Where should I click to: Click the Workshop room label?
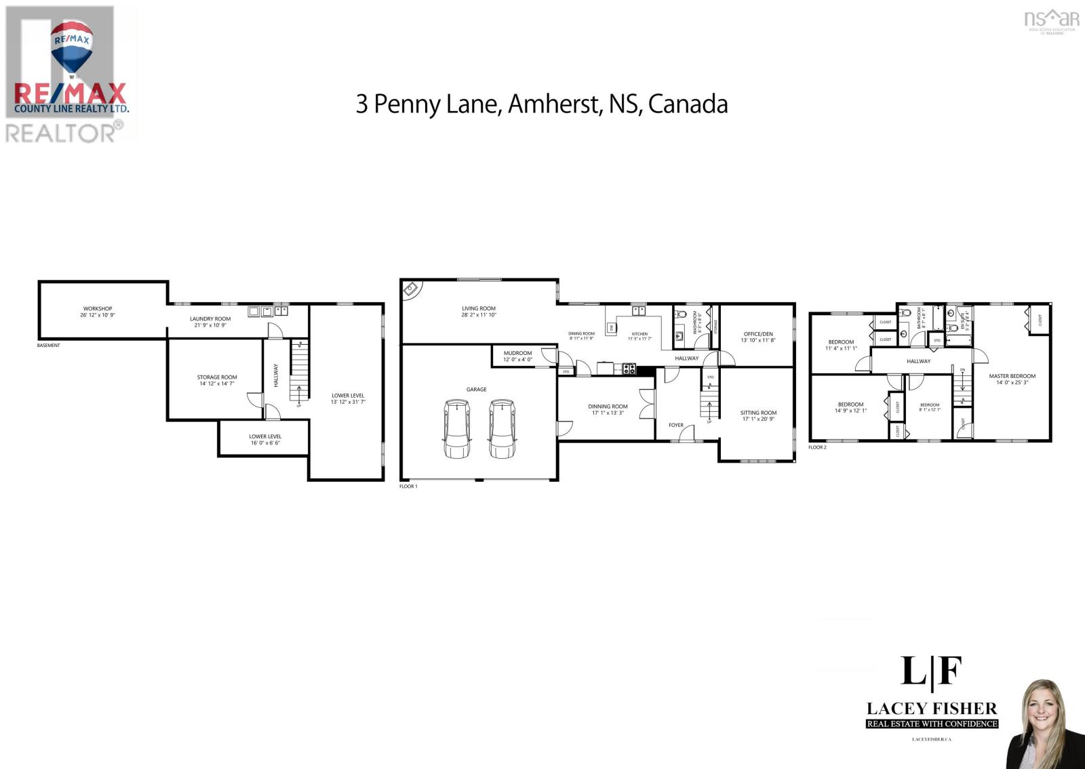click(x=98, y=308)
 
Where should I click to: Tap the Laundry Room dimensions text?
click(x=210, y=325)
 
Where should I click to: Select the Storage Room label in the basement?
click(x=217, y=377)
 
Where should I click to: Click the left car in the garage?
click(x=457, y=429)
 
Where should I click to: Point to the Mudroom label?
click(x=517, y=353)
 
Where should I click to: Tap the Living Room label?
click(x=479, y=308)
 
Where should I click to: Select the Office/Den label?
click(x=757, y=334)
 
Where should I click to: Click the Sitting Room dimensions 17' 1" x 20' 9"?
click(x=758, y=419)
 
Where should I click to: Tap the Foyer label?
click(x=676, y=425)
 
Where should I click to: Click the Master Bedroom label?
click(x=1012, y=376)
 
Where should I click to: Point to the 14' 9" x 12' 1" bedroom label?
click(x=850, y=411)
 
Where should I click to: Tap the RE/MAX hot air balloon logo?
click(x=71, y=47)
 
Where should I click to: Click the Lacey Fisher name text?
click(x=932, y=709)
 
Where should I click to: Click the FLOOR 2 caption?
click(x=817, y=447)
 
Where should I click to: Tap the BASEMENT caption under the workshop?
click(x=49, y=346)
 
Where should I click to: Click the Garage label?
click(x=476, y=390)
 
